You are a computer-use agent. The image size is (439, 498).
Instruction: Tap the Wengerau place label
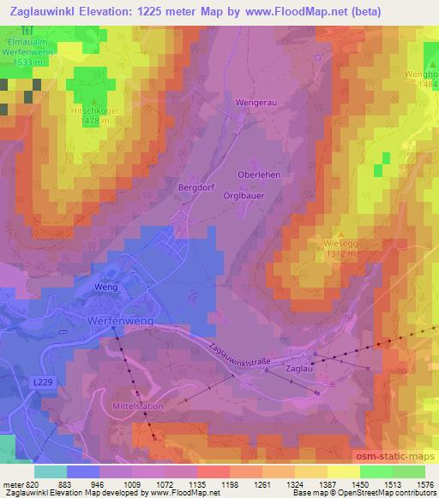[255, 102]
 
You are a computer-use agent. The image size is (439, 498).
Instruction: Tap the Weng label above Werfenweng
[105, 288]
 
